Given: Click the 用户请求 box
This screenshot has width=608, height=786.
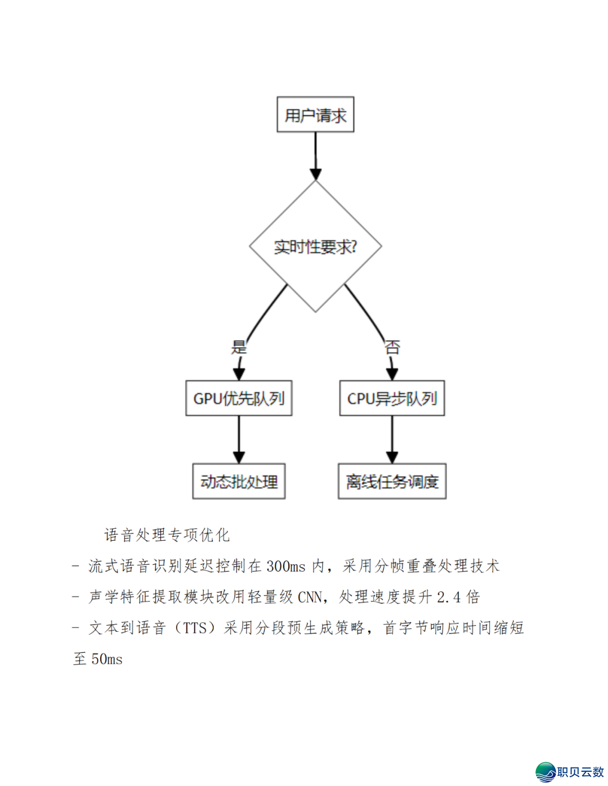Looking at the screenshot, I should click(315, 115).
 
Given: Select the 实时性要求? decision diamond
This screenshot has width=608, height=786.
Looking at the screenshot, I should click(315, 246).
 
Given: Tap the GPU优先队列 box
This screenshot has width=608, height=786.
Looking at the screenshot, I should click(239, 398).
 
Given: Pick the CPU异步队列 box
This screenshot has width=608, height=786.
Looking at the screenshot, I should click(392, 398).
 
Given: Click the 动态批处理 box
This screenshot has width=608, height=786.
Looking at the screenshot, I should click(239, 481).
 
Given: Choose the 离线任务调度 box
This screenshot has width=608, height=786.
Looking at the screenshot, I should click(392, 481).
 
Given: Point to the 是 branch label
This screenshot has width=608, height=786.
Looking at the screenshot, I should click(239, 347).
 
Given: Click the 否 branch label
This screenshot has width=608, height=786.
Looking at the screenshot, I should click(392, 347).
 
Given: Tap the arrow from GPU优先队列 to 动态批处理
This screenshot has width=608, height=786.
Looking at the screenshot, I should click(239, 439).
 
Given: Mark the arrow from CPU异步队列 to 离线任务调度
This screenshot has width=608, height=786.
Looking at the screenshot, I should click(392, 439).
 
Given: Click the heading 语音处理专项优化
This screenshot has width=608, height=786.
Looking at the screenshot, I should click(167, 535).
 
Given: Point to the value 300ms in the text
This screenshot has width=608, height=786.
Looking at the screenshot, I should click(285, 566).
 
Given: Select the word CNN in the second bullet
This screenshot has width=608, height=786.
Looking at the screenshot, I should click(310, 597).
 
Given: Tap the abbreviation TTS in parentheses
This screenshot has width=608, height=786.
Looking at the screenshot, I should click(195, 628).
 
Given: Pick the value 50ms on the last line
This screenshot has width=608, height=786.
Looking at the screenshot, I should click(107, 659).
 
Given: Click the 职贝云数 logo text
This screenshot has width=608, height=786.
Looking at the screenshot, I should click(580, 772).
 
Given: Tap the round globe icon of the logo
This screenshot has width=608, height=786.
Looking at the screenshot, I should click(545, 772).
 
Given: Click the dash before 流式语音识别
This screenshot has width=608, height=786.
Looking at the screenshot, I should click(75, 566).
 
